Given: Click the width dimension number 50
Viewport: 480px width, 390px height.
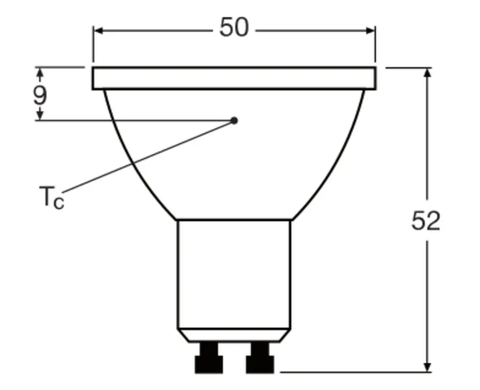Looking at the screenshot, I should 234,28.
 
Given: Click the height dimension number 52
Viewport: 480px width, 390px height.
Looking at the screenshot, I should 426,221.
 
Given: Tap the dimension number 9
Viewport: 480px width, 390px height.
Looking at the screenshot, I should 40,95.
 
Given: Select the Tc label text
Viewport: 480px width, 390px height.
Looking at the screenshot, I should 51,197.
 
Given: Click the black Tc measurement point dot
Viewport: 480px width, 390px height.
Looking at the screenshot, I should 234,120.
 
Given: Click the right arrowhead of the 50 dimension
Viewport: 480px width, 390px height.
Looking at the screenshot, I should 370,31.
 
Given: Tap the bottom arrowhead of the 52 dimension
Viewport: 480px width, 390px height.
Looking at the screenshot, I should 428,366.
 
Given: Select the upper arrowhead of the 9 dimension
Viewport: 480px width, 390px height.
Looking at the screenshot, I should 40,73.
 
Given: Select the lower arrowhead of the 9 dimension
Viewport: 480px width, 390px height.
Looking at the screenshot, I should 40,115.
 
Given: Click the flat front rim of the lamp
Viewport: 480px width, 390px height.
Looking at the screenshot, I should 234,79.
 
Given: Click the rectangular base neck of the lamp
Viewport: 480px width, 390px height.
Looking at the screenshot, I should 234,273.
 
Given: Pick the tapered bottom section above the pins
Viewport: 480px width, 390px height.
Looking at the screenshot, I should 234,335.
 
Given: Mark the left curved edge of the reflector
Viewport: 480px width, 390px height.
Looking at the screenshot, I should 130,163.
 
